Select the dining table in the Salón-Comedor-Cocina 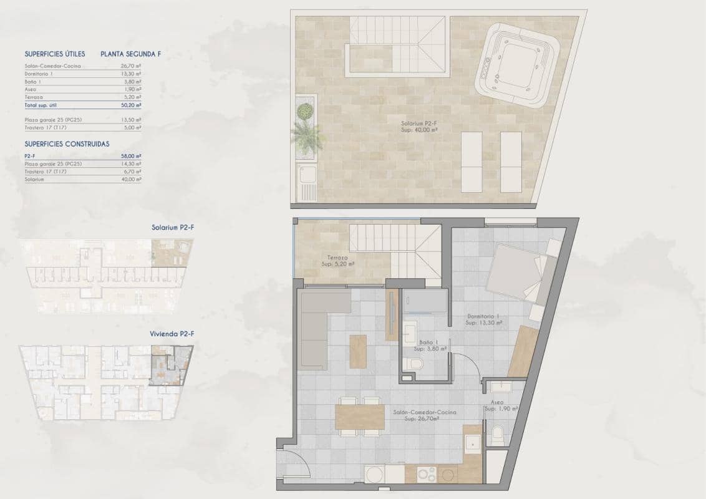click(359, 417)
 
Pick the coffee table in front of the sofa click(358, 351)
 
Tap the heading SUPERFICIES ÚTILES click(55, 54)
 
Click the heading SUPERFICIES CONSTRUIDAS click(67, 143)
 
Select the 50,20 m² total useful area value click(130, 106)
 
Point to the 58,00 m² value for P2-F click(131, 156)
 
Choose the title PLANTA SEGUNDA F click(131, 54)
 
